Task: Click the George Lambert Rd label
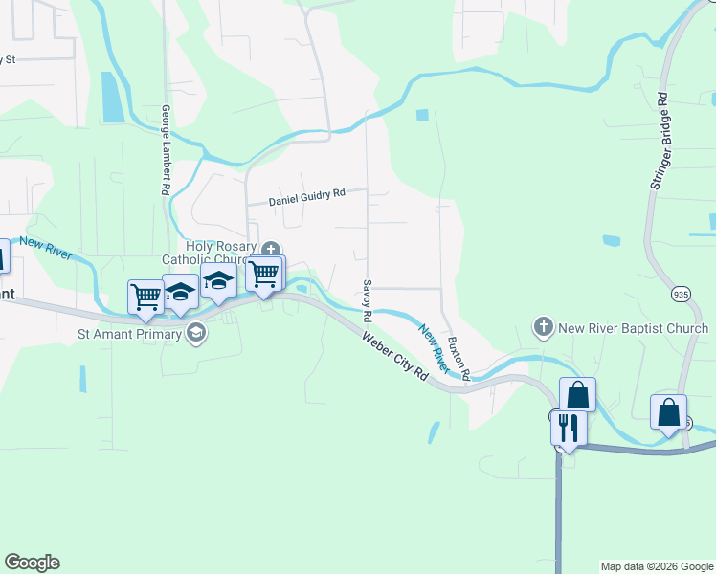point(166,150)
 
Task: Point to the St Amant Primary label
point(131,335)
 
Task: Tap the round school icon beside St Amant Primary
point(197,334)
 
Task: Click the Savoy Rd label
point(367,295)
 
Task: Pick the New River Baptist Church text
point(634,328)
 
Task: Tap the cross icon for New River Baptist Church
point(544,328)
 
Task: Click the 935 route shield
point(681,293)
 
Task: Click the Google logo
point(32,563)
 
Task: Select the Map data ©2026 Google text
point(656,566)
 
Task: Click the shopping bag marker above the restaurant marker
point(578,394)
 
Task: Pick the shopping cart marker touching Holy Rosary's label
point(264,273)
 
